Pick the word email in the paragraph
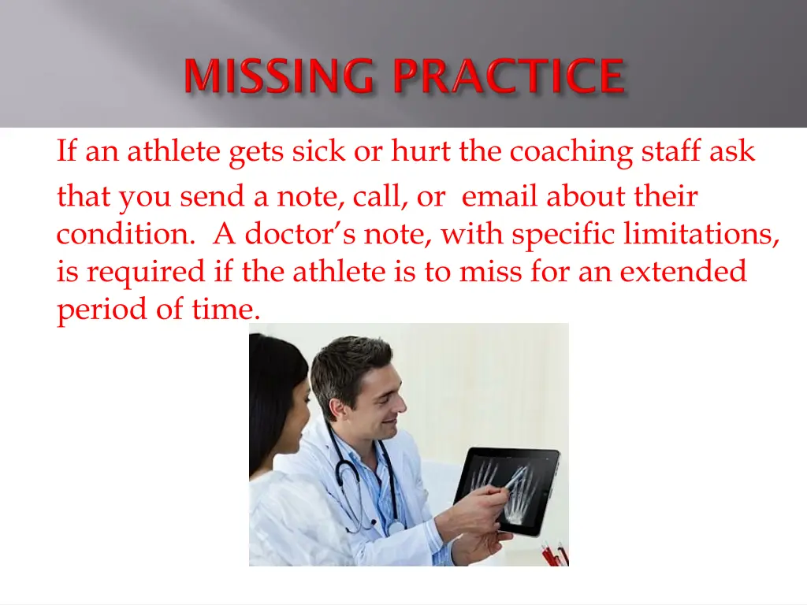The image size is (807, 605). coord(500,196)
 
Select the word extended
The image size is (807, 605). coord(682,272)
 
